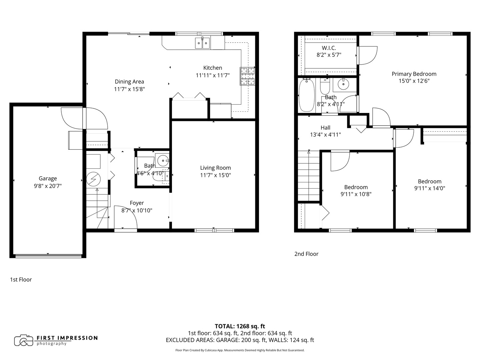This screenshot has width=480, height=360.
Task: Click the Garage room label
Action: click(48, 179)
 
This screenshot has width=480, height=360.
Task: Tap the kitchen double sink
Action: click(202, 43)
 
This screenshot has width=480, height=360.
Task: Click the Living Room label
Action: click(215, 168)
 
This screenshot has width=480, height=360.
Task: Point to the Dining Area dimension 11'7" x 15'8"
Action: click(129, 89)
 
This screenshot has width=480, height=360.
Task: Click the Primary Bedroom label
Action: click(414, 74)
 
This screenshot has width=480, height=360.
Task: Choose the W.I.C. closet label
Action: click(329, 48)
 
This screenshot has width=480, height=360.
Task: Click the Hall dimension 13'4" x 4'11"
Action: click(325, 135)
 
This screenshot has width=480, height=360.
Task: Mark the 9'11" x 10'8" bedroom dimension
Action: click(356, 194)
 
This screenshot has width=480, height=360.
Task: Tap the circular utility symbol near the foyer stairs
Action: click(93, 179)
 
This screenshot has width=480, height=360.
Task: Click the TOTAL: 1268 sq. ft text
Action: click(240, 326)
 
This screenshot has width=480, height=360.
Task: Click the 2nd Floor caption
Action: click(306, 254)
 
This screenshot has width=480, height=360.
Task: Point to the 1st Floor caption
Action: click(21, 280)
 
